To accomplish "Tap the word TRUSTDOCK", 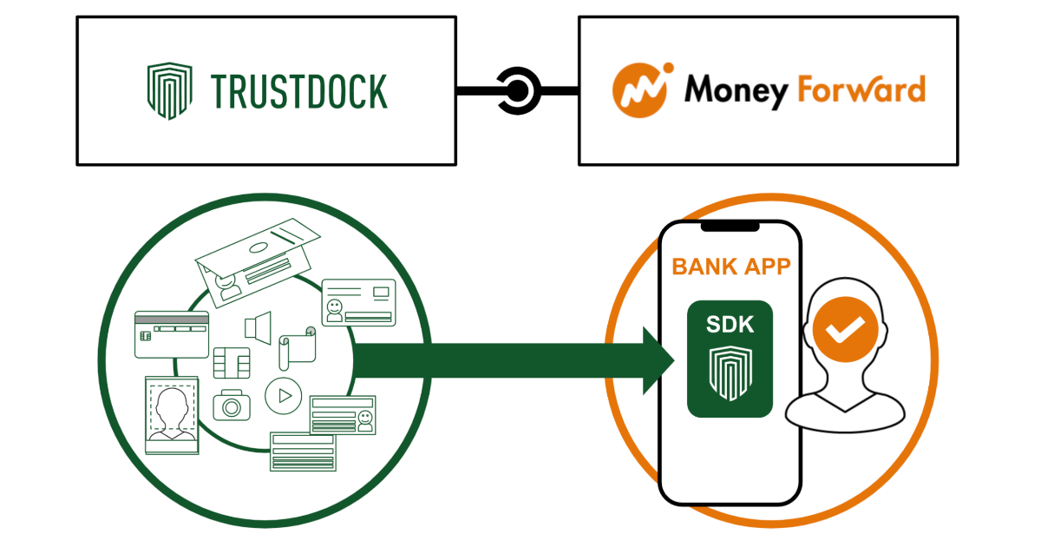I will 299,91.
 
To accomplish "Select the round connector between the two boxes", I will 518,90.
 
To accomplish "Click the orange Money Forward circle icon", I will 641,90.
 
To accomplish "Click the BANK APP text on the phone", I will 730,267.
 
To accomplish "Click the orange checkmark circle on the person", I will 845,328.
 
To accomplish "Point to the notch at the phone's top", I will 730,227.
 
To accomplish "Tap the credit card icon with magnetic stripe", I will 171,333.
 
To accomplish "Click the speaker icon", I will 258,327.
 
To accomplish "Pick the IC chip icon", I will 232,363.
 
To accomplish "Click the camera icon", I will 231,405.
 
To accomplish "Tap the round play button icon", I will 282,396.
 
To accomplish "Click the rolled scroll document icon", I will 295,347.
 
